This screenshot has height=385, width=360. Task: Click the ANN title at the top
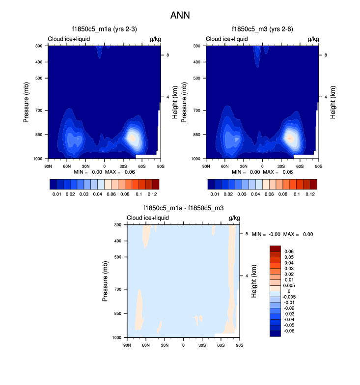click(x=180, y=15)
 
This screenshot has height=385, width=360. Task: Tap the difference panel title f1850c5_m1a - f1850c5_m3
click(x=183, y=208)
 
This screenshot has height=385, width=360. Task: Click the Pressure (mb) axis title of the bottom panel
click(x=106, y=281)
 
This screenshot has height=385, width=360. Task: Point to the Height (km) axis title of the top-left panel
click(x=174, y=102)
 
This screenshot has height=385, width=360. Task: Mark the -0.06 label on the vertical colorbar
click(x=289, y=331)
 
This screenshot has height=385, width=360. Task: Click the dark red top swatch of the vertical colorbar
click(x=275, y=248)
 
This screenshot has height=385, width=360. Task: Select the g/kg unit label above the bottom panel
click(x=234, y=218)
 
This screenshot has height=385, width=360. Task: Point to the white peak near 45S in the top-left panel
click(x=132, y=138)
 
